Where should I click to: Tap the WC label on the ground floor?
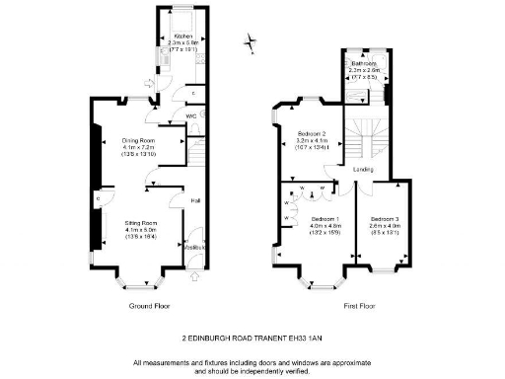[190, 116]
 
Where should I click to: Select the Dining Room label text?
[140, 140]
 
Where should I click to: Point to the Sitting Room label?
[140, 223]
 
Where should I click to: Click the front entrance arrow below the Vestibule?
[193, 277]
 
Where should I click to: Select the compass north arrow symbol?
[253, 42]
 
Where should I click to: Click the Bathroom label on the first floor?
[365, 63]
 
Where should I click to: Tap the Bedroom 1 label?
[325, 218]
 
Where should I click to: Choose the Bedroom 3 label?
[385, 218]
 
